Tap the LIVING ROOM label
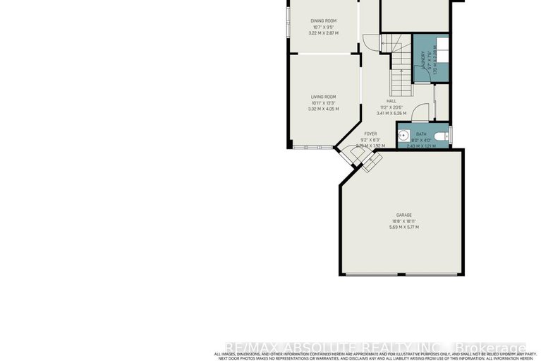[323, 97]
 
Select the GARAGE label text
[403, 215]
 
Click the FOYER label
[370, 134]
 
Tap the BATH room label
[421, 134]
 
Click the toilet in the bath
[442, 136]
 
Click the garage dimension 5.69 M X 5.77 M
[403, 227]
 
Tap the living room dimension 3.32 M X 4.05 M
[323, 109]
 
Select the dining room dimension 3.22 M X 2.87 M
[323, 33]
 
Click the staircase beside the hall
[400, 71]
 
